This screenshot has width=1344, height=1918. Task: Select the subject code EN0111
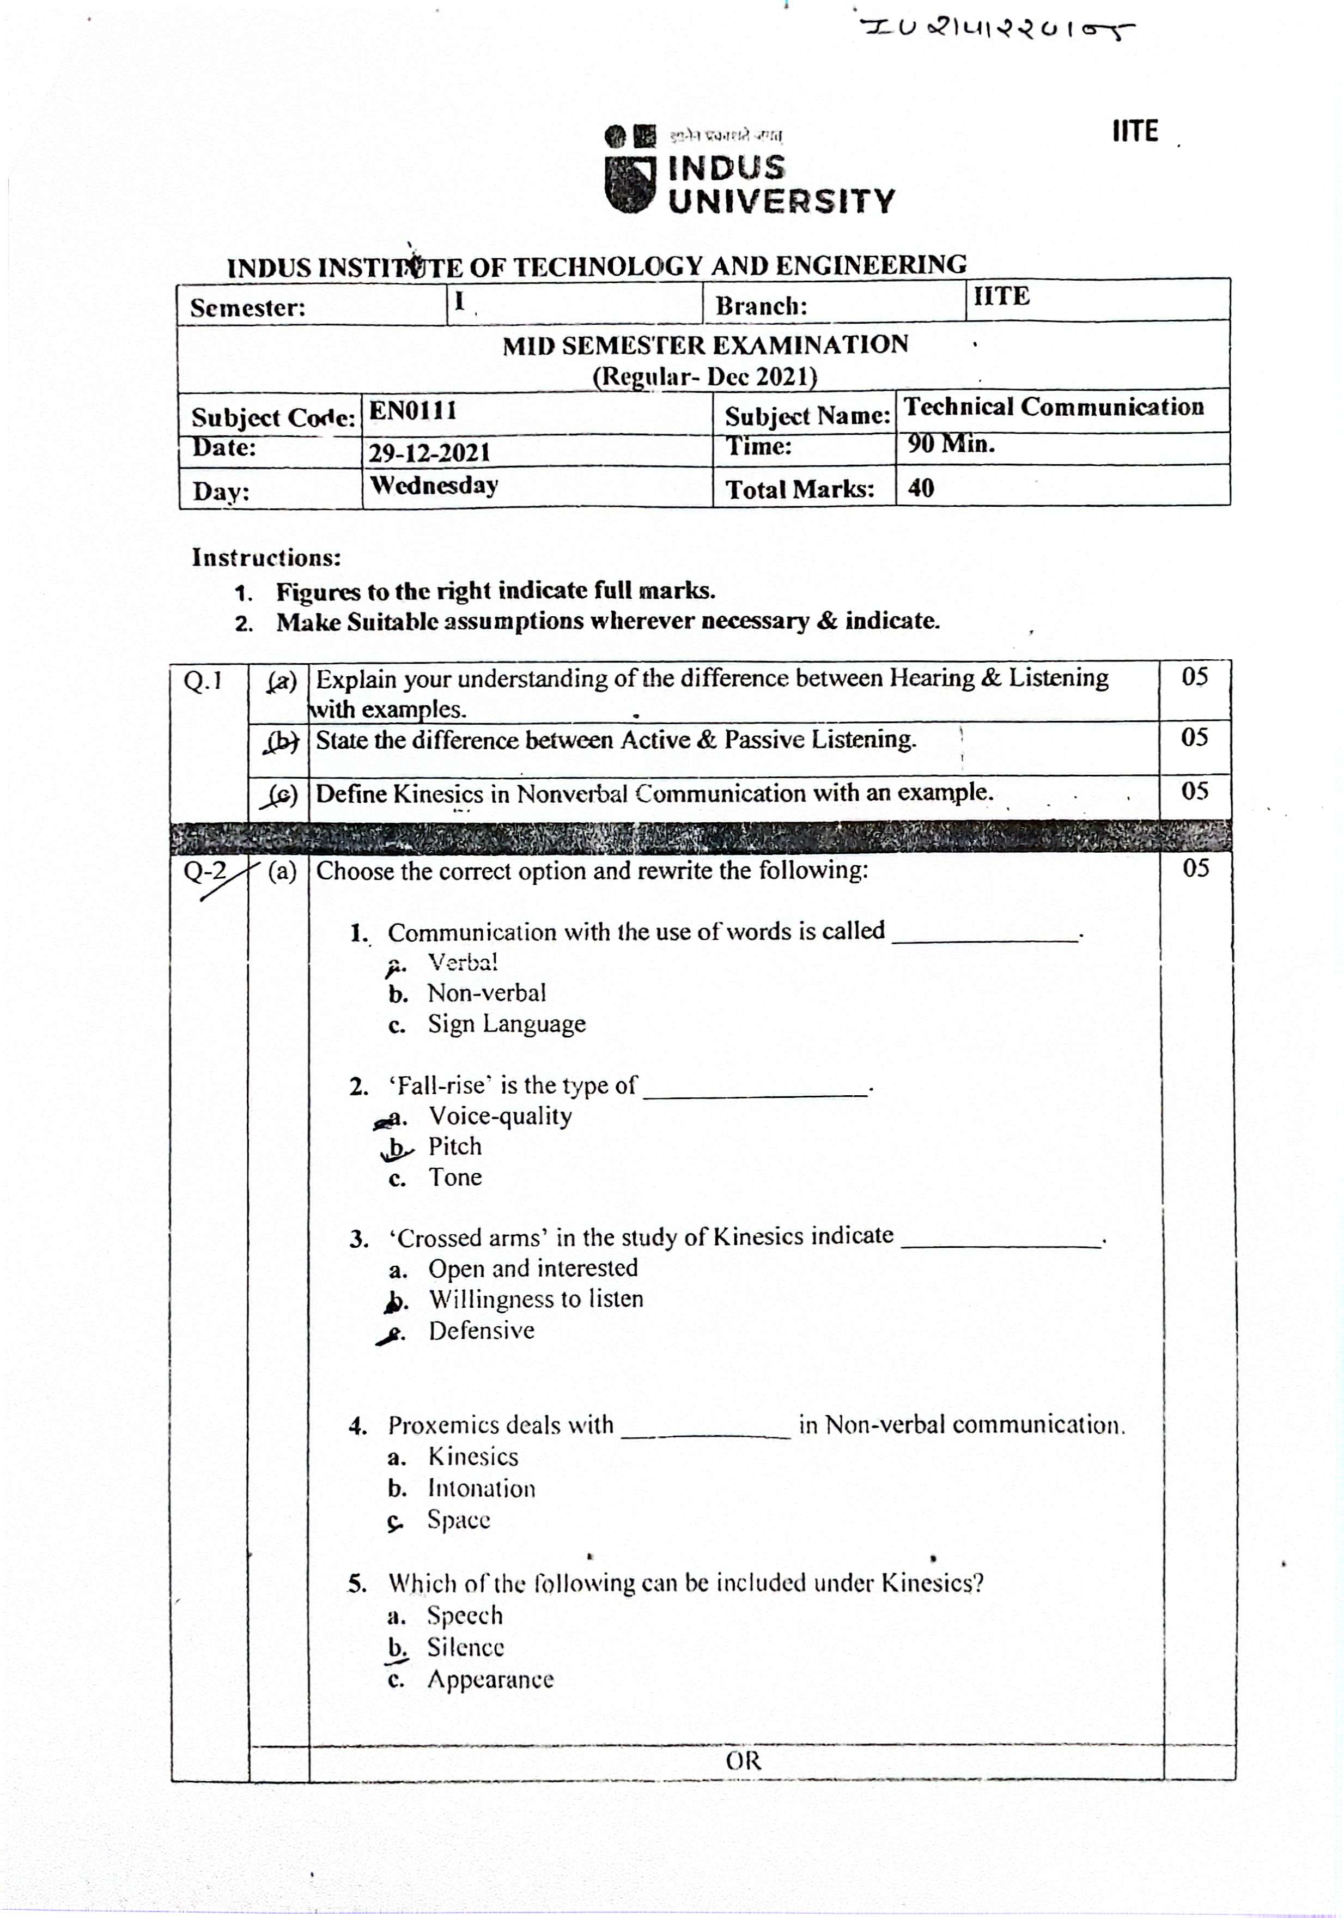(412, 411)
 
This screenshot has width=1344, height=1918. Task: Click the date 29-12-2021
(429, 453)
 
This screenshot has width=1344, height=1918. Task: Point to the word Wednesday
(434, 485)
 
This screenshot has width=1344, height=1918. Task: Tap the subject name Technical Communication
(1053, 407)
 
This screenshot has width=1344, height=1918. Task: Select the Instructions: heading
(266, 557)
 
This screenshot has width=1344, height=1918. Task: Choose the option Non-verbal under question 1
(486, 993)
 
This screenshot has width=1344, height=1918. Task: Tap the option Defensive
(481, 1330)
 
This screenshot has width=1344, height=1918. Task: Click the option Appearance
(490, 1679)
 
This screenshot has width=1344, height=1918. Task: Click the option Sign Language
(506, 1024)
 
